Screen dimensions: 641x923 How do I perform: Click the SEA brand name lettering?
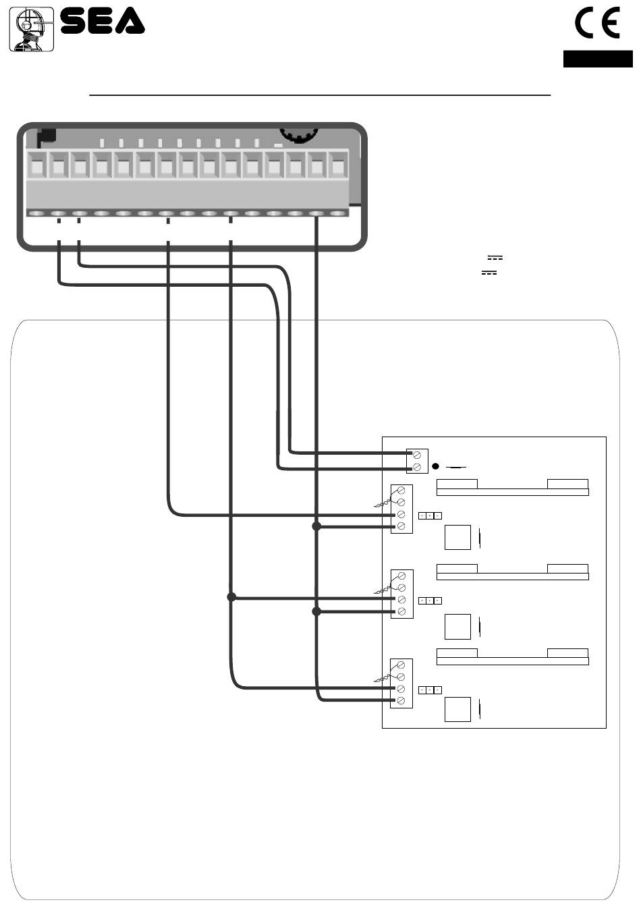(x=103, y=21)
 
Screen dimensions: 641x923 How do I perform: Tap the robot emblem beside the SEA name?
(x=32, y=29)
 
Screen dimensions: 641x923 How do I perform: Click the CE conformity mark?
(x=597, y=23)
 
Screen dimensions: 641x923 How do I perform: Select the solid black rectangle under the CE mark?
(x=598, y=59)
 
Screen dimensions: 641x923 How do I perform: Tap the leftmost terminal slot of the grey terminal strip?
(x=36, y=165)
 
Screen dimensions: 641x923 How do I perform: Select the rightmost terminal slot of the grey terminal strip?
(x=338, y=165)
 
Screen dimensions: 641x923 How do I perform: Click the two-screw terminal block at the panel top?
(x=417, y=461)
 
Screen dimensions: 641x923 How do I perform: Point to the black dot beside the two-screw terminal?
(x=435, y=466)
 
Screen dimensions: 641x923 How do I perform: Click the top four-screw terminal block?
(x=401, y=509)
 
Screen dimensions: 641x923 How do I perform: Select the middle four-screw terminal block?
(x=401, y=594)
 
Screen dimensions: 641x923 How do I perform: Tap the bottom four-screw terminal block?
(x=401, y=683)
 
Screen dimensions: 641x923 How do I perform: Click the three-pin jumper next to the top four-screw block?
(x=430, y=516)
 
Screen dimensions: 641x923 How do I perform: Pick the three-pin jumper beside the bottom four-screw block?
(x=430, y=690)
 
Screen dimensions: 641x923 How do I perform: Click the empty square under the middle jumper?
(x=457, y=627)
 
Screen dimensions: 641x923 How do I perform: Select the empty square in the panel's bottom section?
(x=457, y=710)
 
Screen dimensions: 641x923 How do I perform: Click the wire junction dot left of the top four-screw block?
(x=316, y=526)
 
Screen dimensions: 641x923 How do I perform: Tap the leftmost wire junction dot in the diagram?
(x=231, y=596)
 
